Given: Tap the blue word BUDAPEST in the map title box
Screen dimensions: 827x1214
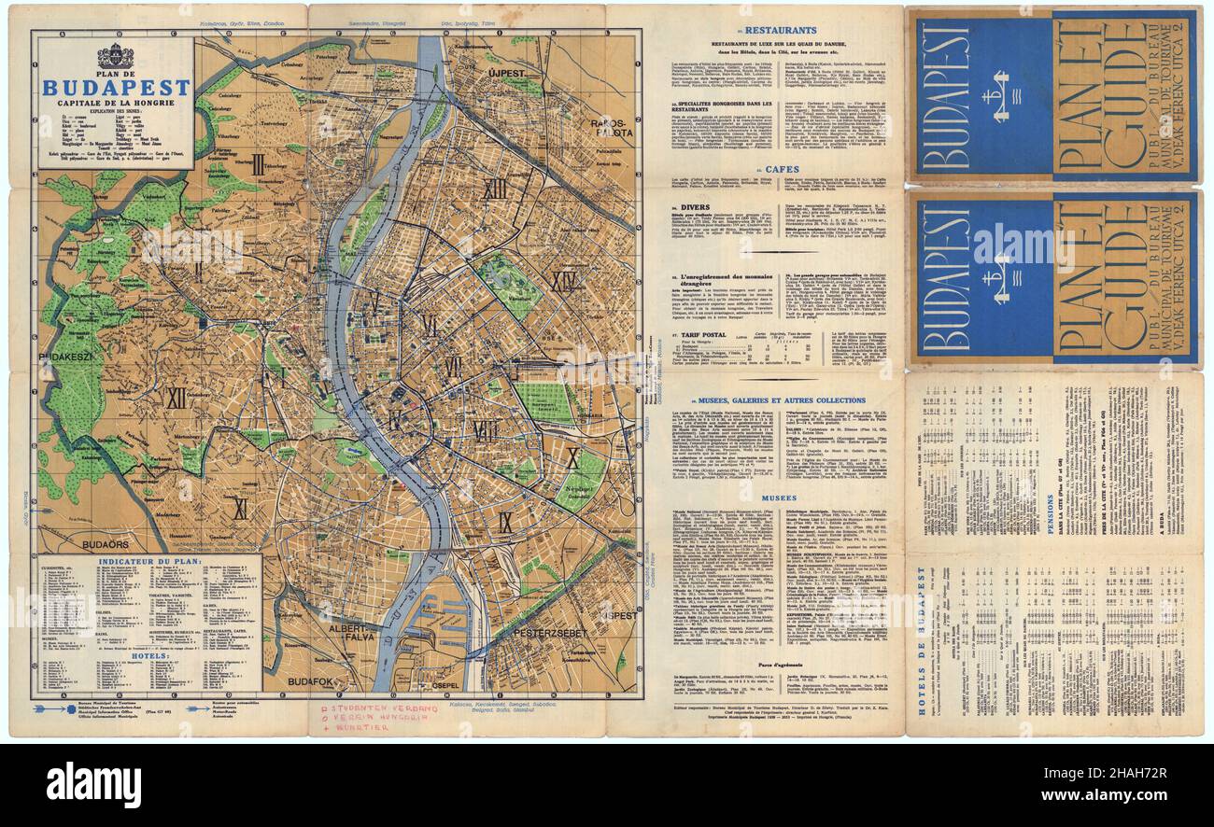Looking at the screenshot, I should tap(116, 89).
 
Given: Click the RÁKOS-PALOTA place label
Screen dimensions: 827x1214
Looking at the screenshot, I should tap(611, 127).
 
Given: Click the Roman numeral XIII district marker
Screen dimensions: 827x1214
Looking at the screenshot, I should tap(494, 189).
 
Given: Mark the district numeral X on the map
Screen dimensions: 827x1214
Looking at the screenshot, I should tap(572, 457).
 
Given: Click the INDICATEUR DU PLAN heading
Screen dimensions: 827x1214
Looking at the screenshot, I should tap(148, 563).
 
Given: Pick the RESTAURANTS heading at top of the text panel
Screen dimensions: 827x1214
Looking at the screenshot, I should tap(784, 30).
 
